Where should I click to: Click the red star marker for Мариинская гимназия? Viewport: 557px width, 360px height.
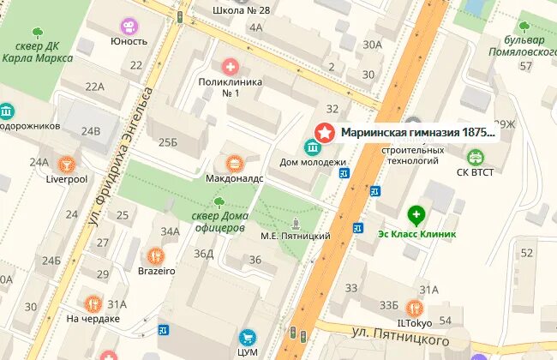(326, 133)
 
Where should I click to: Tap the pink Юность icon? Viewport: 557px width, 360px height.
(129, 26)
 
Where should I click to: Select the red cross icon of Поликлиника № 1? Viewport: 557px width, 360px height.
(230, 66)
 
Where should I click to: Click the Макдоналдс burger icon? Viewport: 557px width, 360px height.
(234, 163)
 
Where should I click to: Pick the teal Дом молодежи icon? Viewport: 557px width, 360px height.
(313, 147)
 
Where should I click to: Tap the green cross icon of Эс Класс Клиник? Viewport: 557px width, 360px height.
(416, 215)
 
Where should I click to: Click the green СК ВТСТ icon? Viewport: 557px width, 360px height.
(475, 157)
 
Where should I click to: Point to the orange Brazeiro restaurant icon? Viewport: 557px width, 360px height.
(156, 255)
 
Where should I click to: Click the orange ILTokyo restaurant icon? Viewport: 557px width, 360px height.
(415, 308)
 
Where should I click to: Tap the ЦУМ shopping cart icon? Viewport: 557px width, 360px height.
(249, 338)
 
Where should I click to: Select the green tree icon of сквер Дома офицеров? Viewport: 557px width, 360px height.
(219, 202)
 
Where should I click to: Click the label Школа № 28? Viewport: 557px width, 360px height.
(241, 10)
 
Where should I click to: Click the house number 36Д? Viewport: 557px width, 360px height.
(203, 253)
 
